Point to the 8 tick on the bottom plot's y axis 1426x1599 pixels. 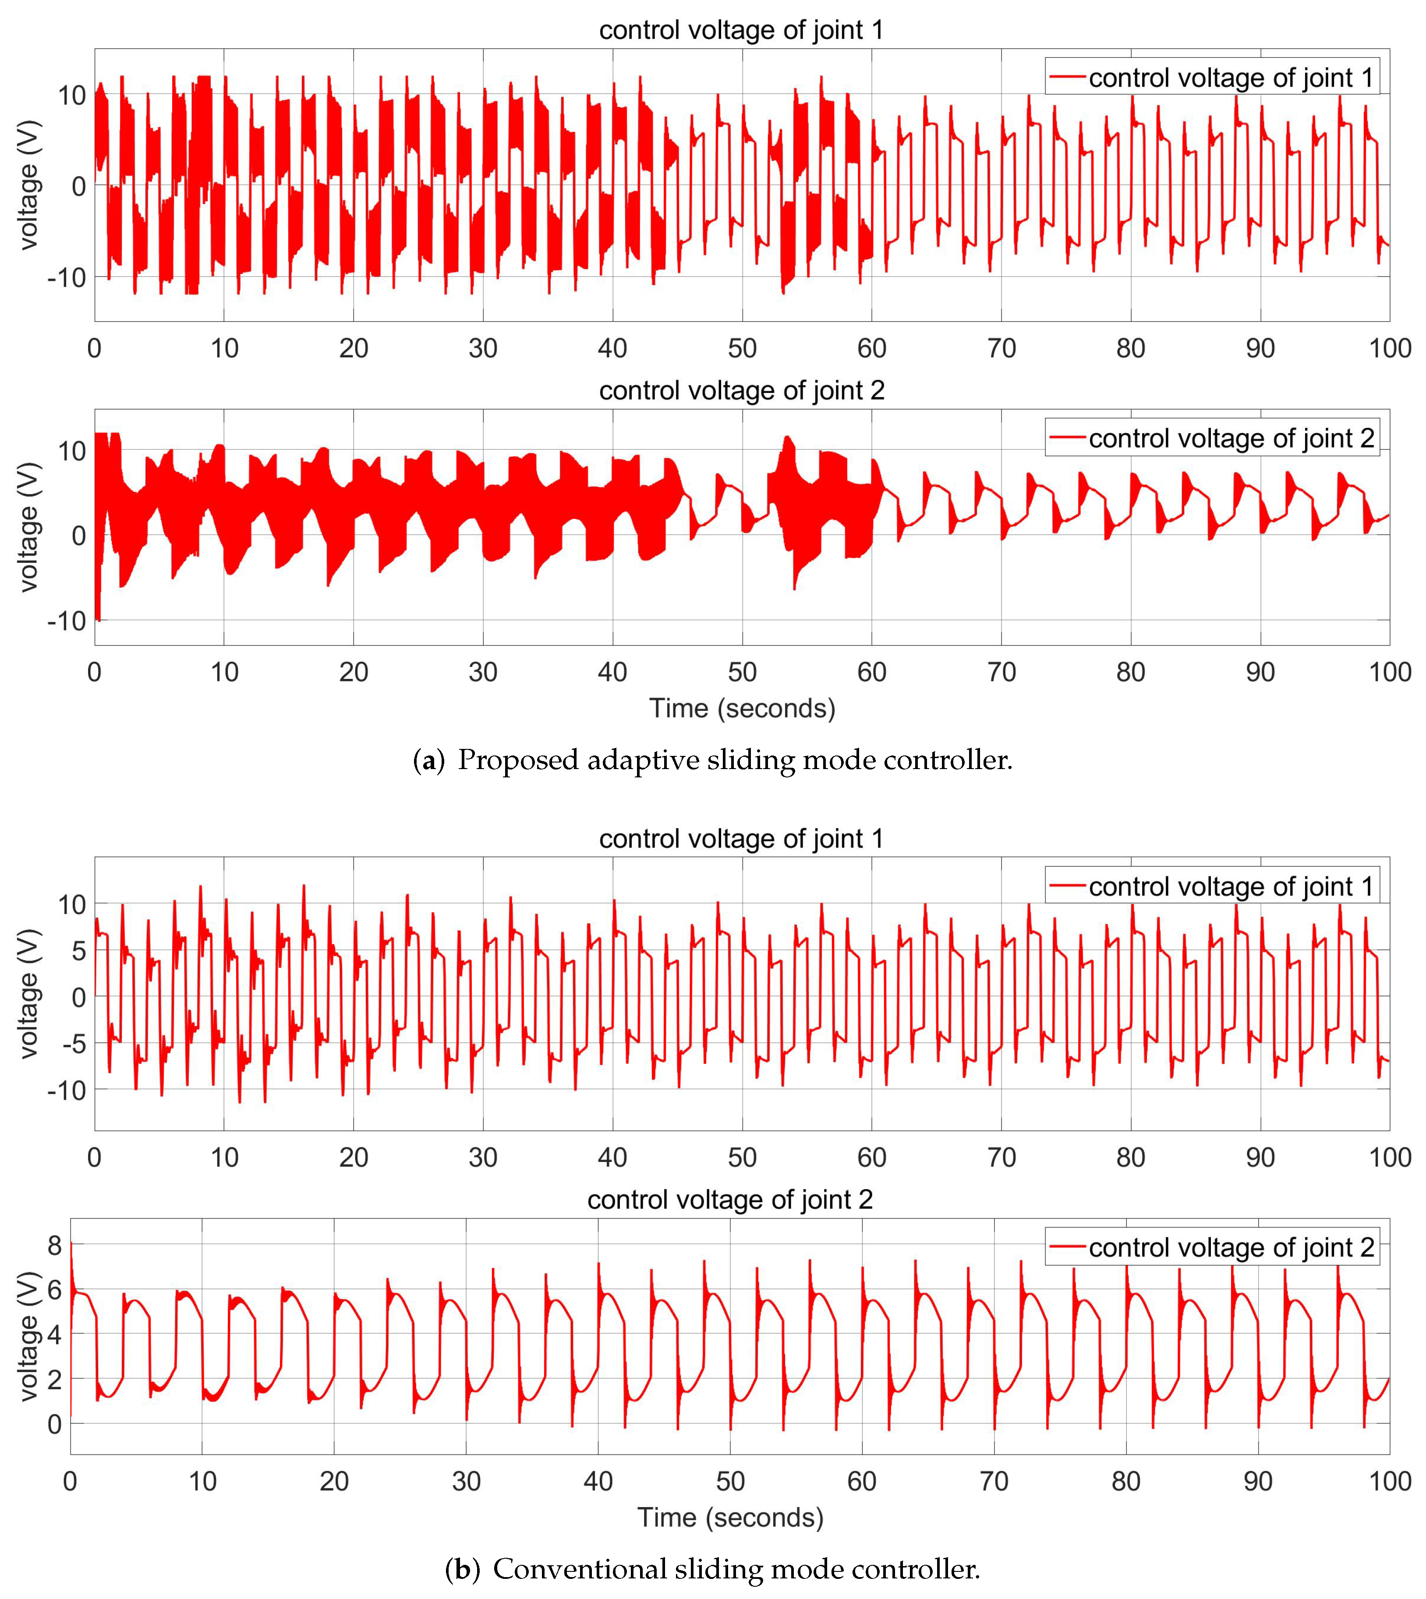[54, 1245]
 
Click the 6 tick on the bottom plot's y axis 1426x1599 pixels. [54, 1289]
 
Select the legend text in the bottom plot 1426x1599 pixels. [1231, 1247]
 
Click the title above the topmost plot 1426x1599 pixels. [741, 30]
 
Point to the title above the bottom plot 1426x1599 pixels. [729, 1200]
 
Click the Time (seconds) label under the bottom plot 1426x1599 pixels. [730, 1518]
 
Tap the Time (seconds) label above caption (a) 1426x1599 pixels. [742, 708]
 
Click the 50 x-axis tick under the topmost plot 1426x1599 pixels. [742, 348]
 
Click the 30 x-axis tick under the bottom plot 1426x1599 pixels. [466, 1481]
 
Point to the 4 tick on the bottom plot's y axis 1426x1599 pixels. [54, 1334]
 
